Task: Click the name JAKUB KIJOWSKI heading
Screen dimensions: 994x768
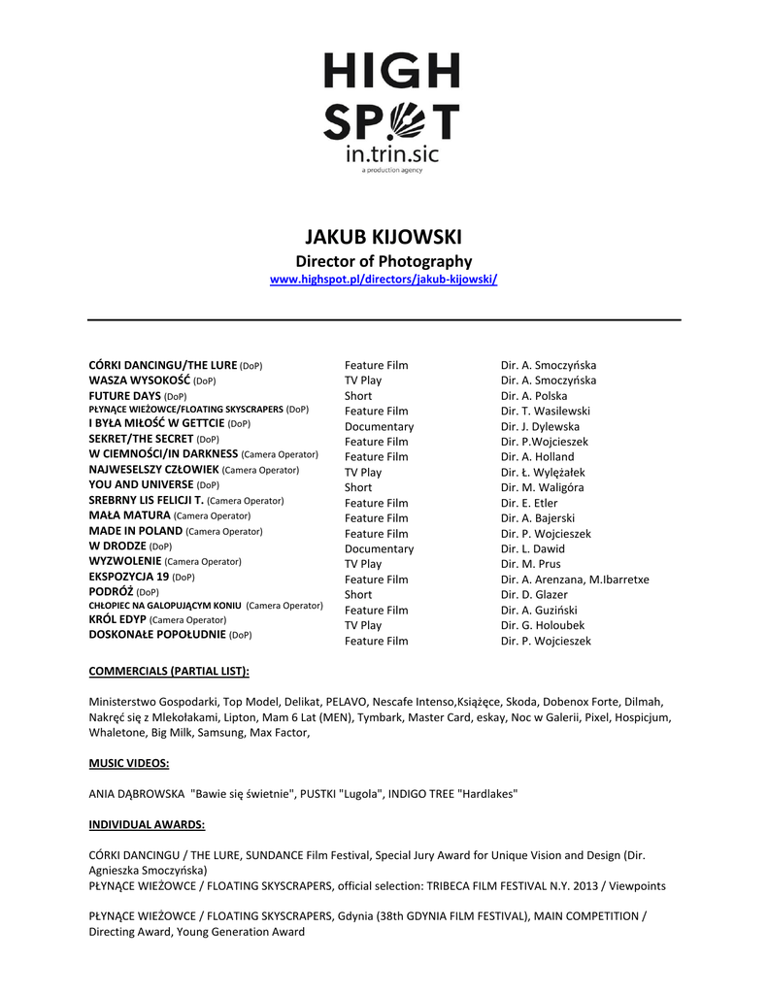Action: (384, 237)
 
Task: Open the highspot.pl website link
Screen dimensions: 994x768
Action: (384, 280)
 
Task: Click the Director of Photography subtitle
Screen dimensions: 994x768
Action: (384, 261)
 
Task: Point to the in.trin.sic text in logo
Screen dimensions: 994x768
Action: (391, 153)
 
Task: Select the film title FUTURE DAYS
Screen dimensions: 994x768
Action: (124, 396)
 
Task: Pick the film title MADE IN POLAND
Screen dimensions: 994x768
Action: (136, 531)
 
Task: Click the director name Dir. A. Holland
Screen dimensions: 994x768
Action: (537, 456)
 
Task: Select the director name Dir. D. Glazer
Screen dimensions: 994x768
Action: (534, 594)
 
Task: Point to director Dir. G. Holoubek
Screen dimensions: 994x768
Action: (543, 625)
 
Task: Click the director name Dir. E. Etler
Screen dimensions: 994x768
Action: (529, 503)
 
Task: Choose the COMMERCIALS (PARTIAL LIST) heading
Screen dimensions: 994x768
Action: (169, 671)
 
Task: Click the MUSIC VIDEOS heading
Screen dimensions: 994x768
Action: (129, 763)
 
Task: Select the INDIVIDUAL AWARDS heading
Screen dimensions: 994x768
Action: (147, 824)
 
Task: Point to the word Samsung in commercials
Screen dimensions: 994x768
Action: (218, 732)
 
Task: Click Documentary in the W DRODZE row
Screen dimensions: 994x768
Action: (379, 548)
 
